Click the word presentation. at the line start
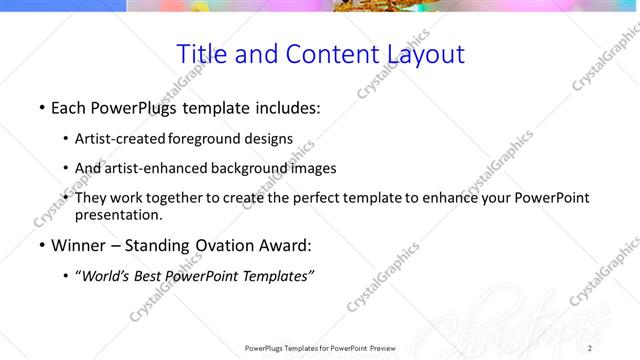tap(118, 214)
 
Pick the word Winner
tap(79, 245)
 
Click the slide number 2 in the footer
tap(590, 348)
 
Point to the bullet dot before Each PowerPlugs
tap(42, 106)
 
